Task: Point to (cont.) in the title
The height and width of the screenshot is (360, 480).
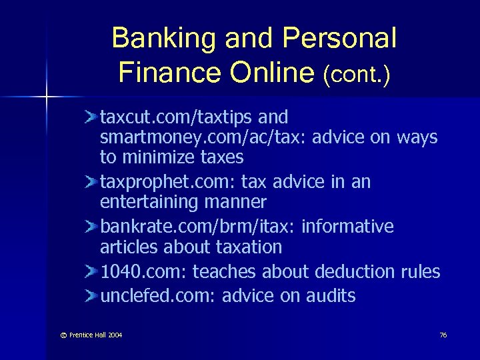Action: tap(357, 74)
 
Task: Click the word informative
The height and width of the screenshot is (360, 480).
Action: tap(347, 227)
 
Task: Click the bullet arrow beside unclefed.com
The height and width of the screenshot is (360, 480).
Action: tap(92, 295)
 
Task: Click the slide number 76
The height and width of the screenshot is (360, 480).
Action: tap(443, 334)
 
